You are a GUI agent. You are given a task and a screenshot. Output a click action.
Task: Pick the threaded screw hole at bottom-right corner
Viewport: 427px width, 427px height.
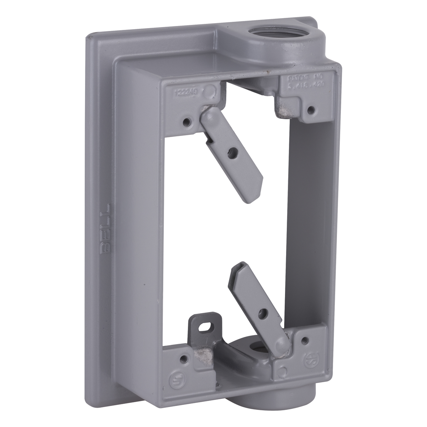[305, 339]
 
